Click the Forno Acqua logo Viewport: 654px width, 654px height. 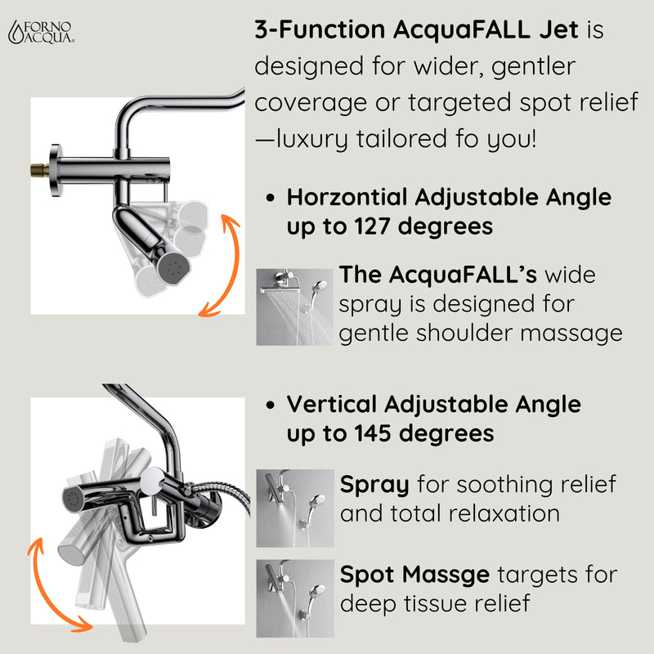click(x=41, y=30)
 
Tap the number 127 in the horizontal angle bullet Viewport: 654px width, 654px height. click(x=370, y=226)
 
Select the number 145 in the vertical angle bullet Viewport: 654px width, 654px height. click(x=370, y=433)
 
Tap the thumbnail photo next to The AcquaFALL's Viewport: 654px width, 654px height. click(x=294, y=307)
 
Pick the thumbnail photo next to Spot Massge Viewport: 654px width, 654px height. click(x=294, y=598)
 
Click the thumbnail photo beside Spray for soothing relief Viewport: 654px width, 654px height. click(x=294, y=508)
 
